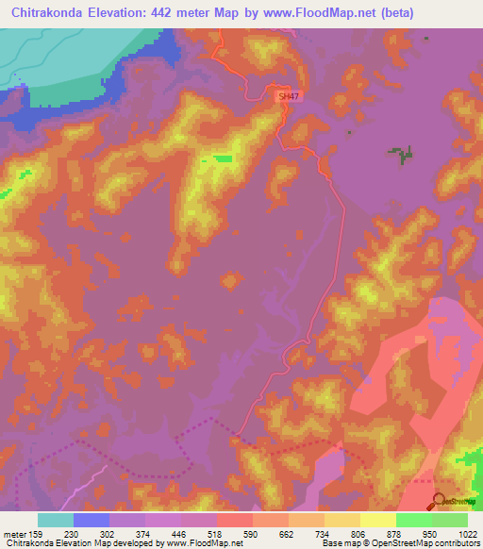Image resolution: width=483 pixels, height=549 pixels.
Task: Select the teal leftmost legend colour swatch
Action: click(56, 520)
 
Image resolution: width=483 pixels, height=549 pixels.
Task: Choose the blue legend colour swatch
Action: click(92, 520)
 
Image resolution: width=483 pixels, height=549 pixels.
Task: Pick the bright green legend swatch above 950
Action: click(414, 520)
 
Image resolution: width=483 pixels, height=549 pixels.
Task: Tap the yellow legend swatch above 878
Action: click(378, 520)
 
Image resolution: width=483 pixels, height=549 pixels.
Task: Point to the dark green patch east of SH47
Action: click(403, 154)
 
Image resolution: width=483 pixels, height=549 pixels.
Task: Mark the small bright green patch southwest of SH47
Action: click(223, 158)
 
